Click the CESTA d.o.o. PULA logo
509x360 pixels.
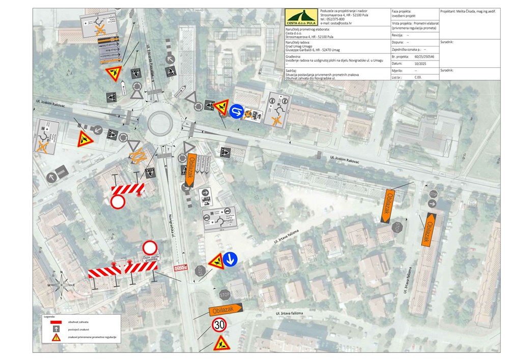coord(302,17)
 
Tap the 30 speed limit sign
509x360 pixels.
coord(219,324)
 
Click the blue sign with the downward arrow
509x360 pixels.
coord(230,260)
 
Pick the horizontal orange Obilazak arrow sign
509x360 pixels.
coord(225,310)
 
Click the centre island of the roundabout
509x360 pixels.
coord(159,123)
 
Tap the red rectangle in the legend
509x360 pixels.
coord(56,322)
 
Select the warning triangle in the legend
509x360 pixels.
coord(56,337)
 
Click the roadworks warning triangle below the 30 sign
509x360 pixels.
coord(220,342)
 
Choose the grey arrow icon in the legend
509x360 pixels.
coord(56,329)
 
